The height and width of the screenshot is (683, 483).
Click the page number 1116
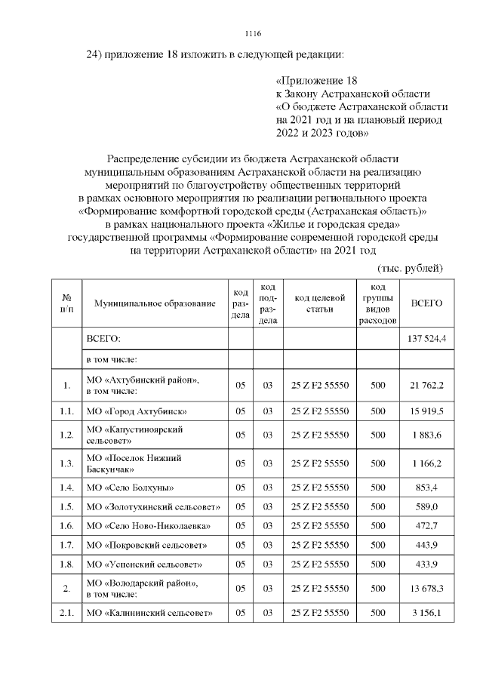coord(253,34)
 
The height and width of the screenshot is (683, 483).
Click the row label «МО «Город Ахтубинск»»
coord(136,411)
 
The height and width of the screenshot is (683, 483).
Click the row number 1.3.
coord(66,463)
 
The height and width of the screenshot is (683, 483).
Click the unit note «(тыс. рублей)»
coord(409,268)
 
